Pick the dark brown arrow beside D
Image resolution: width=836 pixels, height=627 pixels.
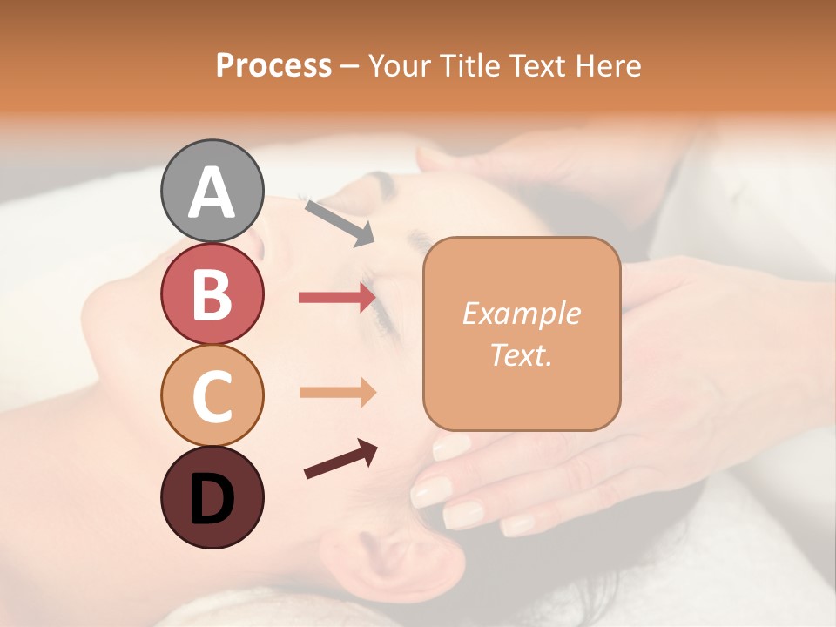coord(340,460)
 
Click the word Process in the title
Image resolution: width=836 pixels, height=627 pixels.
coord(273,65)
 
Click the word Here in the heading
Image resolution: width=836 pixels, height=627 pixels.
coord(610,65)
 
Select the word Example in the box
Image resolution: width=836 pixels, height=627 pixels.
coord(521,313)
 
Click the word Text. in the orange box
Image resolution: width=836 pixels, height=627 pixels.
coord(521,354)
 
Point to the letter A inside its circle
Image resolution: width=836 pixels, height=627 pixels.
coord(212,193)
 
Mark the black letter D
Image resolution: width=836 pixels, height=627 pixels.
coord(212,499)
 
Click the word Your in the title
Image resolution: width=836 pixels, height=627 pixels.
coord(399,65)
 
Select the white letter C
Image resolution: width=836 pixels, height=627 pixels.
coord(212,396)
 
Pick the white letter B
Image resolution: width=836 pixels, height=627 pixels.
coord(212,294)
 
